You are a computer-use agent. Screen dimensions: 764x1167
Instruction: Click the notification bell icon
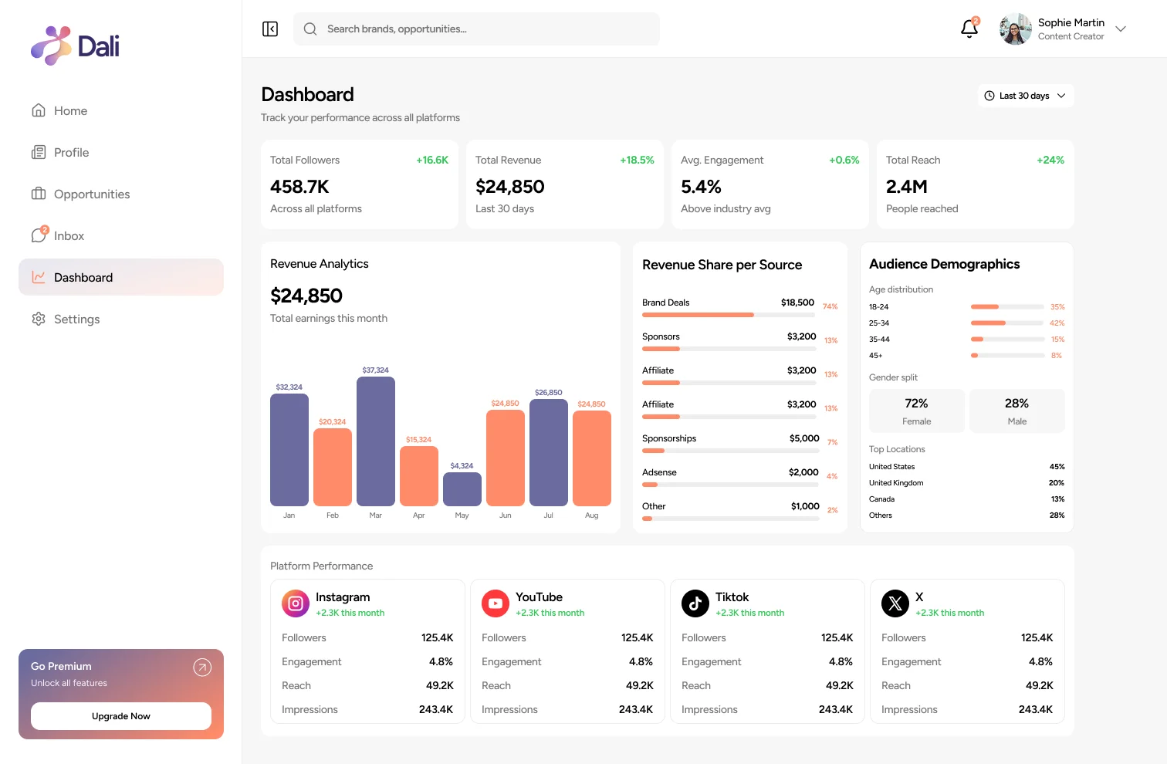pyautogui.click(x=969, y=29)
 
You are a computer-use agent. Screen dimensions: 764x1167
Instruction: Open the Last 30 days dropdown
pyautogui.click(x=1025, y=96)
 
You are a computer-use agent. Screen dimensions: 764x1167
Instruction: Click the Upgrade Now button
pyautogui.click(x=121, y=716)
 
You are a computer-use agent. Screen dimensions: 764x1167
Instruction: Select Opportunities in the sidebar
pyautogui.click(x=91, y=194)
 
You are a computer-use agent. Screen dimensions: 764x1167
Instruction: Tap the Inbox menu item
pyautogui.click(x=69, y=236)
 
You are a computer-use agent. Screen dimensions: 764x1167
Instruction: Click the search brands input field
pyautogui.click(x=476, y=29)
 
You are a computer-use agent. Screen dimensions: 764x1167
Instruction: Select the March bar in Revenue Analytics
pyautogui.click(x=376, y=441)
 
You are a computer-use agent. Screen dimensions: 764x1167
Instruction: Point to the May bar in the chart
pyautogui.click(x=462, y=489)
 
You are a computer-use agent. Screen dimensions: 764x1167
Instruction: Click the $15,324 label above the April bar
pyautogui.click(x=419, y=440)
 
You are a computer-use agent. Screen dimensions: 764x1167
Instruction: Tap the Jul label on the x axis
pyautogui.click(x=549, y=516)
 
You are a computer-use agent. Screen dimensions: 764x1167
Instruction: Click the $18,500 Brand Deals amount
pyautogui.click(x=797, y=303)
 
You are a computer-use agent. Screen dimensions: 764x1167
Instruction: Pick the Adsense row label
pyautogui.click(x=659, y=472)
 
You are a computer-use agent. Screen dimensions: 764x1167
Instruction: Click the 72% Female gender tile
pyautogui.click(x=917, y=411)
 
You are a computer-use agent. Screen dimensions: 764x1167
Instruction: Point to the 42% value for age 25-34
pyautogui.click(x=1057, y=323)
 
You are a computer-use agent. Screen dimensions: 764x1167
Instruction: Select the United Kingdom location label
pyautogui.click(x=896, y=483)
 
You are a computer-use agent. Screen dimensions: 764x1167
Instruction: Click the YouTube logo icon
pyautogui.click(x=496, y=603)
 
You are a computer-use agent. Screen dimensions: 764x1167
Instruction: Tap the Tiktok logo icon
pyautogui.click(x=695, y=603)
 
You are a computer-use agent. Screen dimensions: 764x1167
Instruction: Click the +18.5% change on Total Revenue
pyautogui.click(x=637, y=161)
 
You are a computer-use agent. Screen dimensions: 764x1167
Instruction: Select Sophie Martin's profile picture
pyautogui.click(x=1016, y=29)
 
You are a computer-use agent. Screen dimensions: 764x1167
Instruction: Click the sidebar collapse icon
pyautogui.click(x=270, y=29)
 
